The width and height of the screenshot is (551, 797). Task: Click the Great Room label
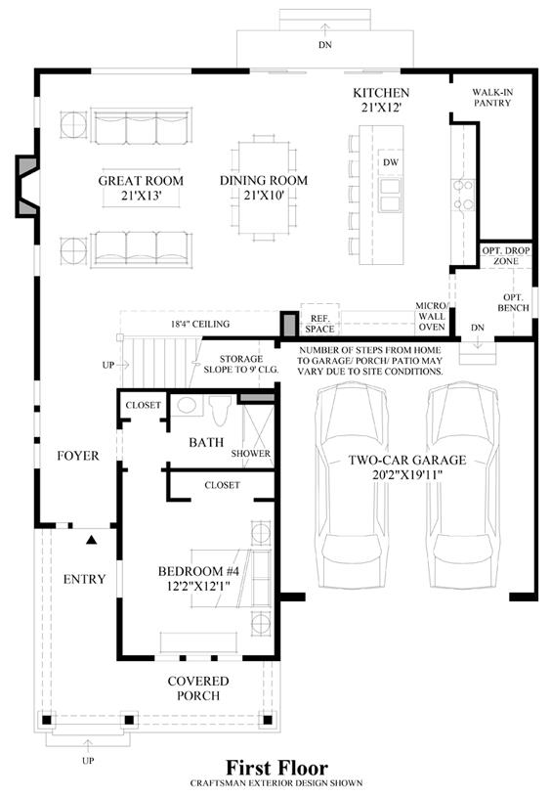point(141,181)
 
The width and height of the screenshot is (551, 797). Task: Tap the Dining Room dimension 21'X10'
point(264,195)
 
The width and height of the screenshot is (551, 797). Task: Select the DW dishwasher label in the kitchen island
point(391,162)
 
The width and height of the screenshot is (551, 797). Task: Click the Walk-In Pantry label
point(492,98)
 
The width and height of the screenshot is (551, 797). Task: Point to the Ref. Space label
point(319,324)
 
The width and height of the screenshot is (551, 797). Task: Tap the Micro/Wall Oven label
point(432,316)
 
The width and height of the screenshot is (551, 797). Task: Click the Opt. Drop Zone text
point(506,255)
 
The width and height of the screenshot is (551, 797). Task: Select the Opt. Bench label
point(514,302)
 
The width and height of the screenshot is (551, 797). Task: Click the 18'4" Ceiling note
point(200,324)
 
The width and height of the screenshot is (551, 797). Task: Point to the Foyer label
point(78,456)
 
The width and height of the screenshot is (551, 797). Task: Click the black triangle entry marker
point(92,540)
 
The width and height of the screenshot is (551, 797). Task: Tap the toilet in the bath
point(221,410)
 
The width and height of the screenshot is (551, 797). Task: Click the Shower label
point(250,454)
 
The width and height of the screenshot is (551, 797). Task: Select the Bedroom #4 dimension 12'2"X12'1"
point(198,586)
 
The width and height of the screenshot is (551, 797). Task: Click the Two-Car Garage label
point(407,460)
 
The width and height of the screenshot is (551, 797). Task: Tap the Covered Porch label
point(198,688)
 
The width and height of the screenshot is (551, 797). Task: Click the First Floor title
point(276,767)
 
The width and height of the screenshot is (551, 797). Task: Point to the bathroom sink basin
point(187,405)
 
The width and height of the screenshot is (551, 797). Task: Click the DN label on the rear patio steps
point(325,45)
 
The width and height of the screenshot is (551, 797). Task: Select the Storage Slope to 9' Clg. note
point(241,365)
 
